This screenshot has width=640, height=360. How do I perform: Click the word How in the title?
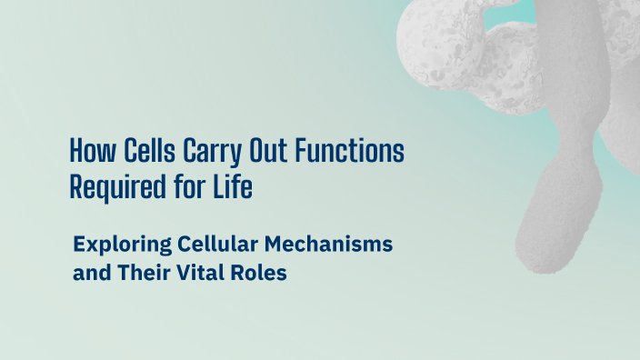[90, 150]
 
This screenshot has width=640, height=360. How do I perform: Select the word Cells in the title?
[142, 150]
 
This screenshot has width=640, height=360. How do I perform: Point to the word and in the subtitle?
[89, 273]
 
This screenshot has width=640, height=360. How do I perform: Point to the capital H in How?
[76, 150]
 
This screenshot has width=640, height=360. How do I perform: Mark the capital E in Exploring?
[78, 245]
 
